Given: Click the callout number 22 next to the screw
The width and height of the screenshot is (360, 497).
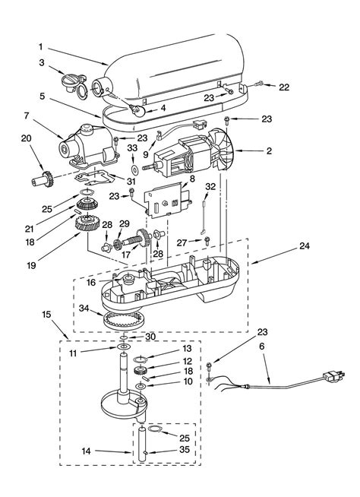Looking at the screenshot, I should pos(283,87).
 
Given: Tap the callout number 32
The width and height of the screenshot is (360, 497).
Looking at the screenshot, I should pos(210,186).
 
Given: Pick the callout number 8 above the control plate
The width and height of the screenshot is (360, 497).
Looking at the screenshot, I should pos(191,179).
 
